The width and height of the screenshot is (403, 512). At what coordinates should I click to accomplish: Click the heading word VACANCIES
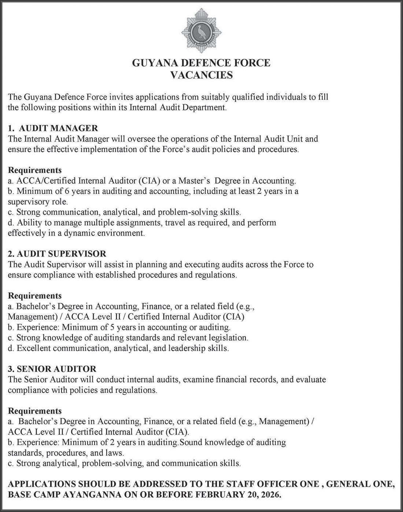[x=202, y=75]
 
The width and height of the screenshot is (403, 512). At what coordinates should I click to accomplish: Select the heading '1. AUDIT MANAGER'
[x=53, y=128]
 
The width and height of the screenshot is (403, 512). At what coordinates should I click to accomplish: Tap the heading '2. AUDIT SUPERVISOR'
[x=57, y=254]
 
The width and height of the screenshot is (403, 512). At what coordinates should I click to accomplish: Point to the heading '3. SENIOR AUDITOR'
[x=52, y=369]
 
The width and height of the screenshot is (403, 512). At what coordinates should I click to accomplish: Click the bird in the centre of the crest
[x=201, y=31]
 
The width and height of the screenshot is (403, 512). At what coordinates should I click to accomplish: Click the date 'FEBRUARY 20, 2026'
[x=244, y=496]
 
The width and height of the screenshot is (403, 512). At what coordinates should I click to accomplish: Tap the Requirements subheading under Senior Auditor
[x=35, y=411]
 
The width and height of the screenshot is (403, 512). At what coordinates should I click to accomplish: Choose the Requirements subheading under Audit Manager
[x=35, y=170]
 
